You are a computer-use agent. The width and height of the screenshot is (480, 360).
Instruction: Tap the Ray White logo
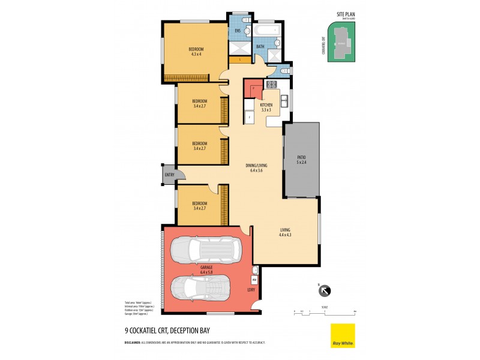pyautogui.click(x=343, y=335)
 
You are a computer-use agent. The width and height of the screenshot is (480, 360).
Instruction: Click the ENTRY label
pyautogui.click(x=169, y=175)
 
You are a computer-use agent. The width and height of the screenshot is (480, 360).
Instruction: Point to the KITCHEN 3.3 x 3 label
pyautogui.click(x=266, y=107)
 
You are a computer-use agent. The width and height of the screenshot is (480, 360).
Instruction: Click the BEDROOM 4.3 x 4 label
pyautogui.click(x=196, y=52)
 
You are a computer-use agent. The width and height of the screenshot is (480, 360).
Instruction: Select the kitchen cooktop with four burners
pyautogui.click(x=271, y=84)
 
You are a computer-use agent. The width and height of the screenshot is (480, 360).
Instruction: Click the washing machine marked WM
pyautogui.click(x=254, y=280)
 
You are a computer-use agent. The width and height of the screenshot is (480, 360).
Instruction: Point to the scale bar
pyautogui.click(x=325, y=311)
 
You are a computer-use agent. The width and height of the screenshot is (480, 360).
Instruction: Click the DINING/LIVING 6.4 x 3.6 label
pyautogui.click(x=256, y=168)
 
